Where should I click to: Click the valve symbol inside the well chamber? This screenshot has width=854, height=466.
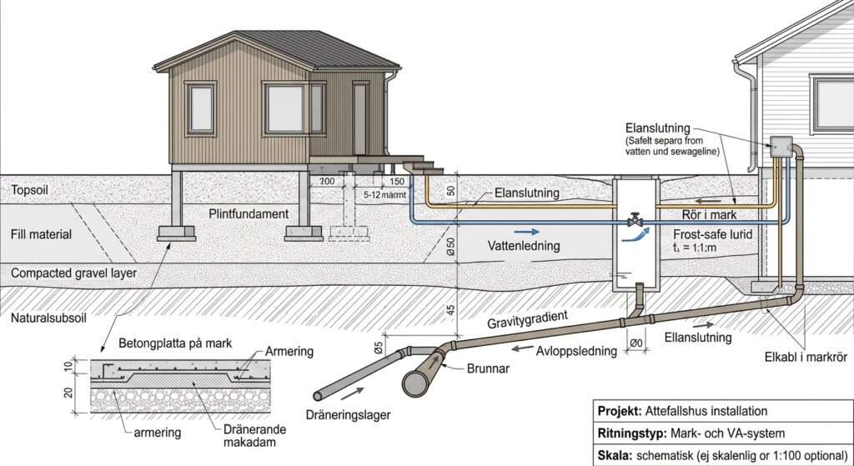635,219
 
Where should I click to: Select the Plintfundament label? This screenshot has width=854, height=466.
249,213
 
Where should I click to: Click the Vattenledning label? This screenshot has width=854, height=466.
524,246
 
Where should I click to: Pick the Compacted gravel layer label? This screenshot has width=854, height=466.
74,273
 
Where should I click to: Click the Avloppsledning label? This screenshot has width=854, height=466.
577,351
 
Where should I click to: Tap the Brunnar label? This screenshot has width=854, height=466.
487,368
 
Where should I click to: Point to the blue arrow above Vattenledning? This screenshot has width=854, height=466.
524,230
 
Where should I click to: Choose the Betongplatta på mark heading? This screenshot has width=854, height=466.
175,343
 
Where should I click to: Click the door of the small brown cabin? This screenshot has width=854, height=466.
360,118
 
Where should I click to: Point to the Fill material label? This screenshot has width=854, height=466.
41,234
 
